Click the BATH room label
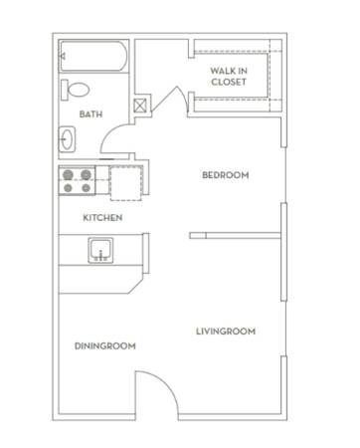90,114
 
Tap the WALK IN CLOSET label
229,77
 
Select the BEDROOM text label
226,175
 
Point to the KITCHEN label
102,218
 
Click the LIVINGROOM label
226,332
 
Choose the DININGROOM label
105,346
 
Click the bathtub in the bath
93,56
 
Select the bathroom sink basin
67,139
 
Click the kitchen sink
100,250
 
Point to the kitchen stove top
78,181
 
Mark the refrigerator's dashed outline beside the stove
126,183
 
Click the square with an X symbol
140,107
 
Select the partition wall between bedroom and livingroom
236,236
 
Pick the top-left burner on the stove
68,174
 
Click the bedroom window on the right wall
285,175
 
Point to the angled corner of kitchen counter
136,287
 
